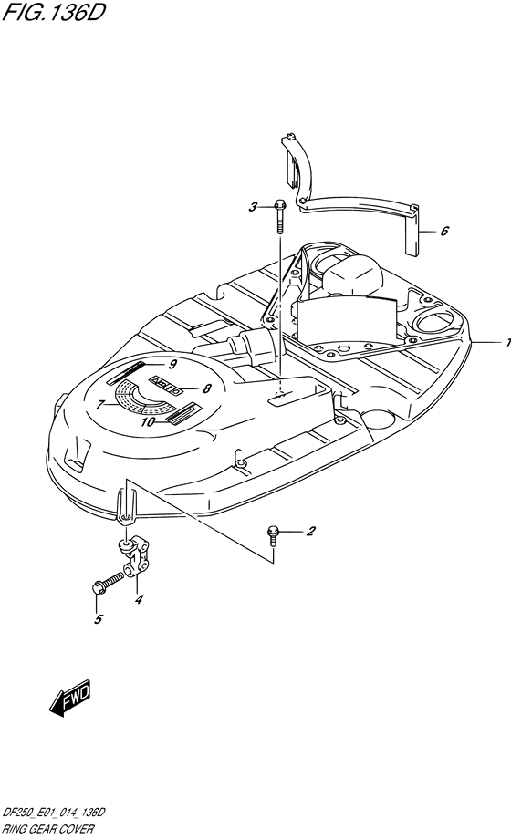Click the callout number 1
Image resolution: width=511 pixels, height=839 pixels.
(507, 343)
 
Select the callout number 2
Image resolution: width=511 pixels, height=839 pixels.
(310, 532)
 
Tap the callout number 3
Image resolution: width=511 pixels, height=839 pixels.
(253, 206)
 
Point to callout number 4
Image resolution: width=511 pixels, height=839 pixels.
(139, 599)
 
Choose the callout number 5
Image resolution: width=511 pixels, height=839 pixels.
(99, 619)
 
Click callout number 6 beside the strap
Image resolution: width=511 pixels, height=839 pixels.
(444, 231)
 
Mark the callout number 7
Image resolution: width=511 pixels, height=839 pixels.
(100, 405)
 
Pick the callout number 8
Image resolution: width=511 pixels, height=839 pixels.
(207, 389)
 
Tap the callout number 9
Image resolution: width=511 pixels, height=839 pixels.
(172, 365)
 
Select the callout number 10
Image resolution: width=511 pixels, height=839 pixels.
(149, 422)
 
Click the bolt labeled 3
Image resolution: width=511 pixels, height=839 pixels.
(279, 216)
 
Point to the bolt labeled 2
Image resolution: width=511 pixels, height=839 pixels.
(272, 536)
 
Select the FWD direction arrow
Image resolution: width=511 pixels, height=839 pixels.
(70, 699)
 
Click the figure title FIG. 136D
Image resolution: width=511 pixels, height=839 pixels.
(53, 12)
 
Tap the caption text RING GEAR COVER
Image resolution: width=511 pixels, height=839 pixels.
(48, 829)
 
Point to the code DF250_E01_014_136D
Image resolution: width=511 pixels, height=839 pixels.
(54, 813)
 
